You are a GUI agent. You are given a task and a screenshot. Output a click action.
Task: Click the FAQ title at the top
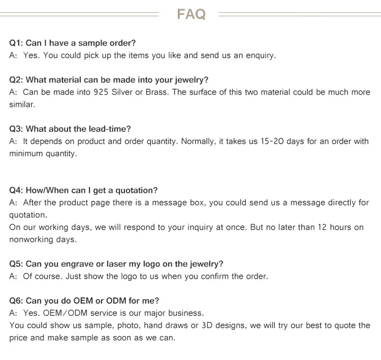[191, 14]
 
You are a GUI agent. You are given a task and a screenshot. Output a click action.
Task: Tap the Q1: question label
[16, 43]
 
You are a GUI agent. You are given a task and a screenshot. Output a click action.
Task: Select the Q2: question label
[16, 80]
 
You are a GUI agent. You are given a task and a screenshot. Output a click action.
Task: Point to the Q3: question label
[16, 129]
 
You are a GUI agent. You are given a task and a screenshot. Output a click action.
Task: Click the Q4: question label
[16, 190]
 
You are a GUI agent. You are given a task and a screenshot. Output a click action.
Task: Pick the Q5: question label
[16, 264]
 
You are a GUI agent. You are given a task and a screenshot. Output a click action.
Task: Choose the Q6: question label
[16, 301]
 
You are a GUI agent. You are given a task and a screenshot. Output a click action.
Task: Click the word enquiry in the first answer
[260, 55]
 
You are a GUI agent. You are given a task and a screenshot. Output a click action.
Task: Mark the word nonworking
[32, 239]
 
